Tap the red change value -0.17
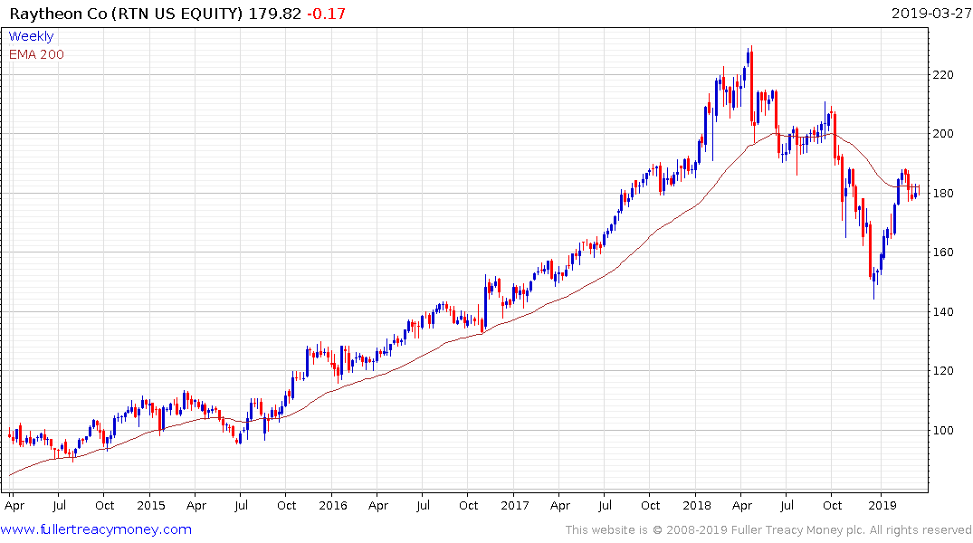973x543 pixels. click(x=328, y=14)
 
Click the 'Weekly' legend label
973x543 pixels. click(x=31, y=36)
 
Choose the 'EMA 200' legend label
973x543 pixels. click(x=36, y=54)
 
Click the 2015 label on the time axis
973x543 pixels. click(x=150, y=506)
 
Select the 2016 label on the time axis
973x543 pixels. click(x=332, y=506)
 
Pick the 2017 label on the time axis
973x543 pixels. click(x=514, y=506)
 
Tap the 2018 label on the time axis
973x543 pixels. click(x=696, y=506)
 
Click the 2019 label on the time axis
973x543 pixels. click(x=882, y=506)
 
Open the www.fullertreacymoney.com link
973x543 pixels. click(x=98, y=529)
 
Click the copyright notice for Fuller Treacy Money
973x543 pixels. click(x=768, y=529)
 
